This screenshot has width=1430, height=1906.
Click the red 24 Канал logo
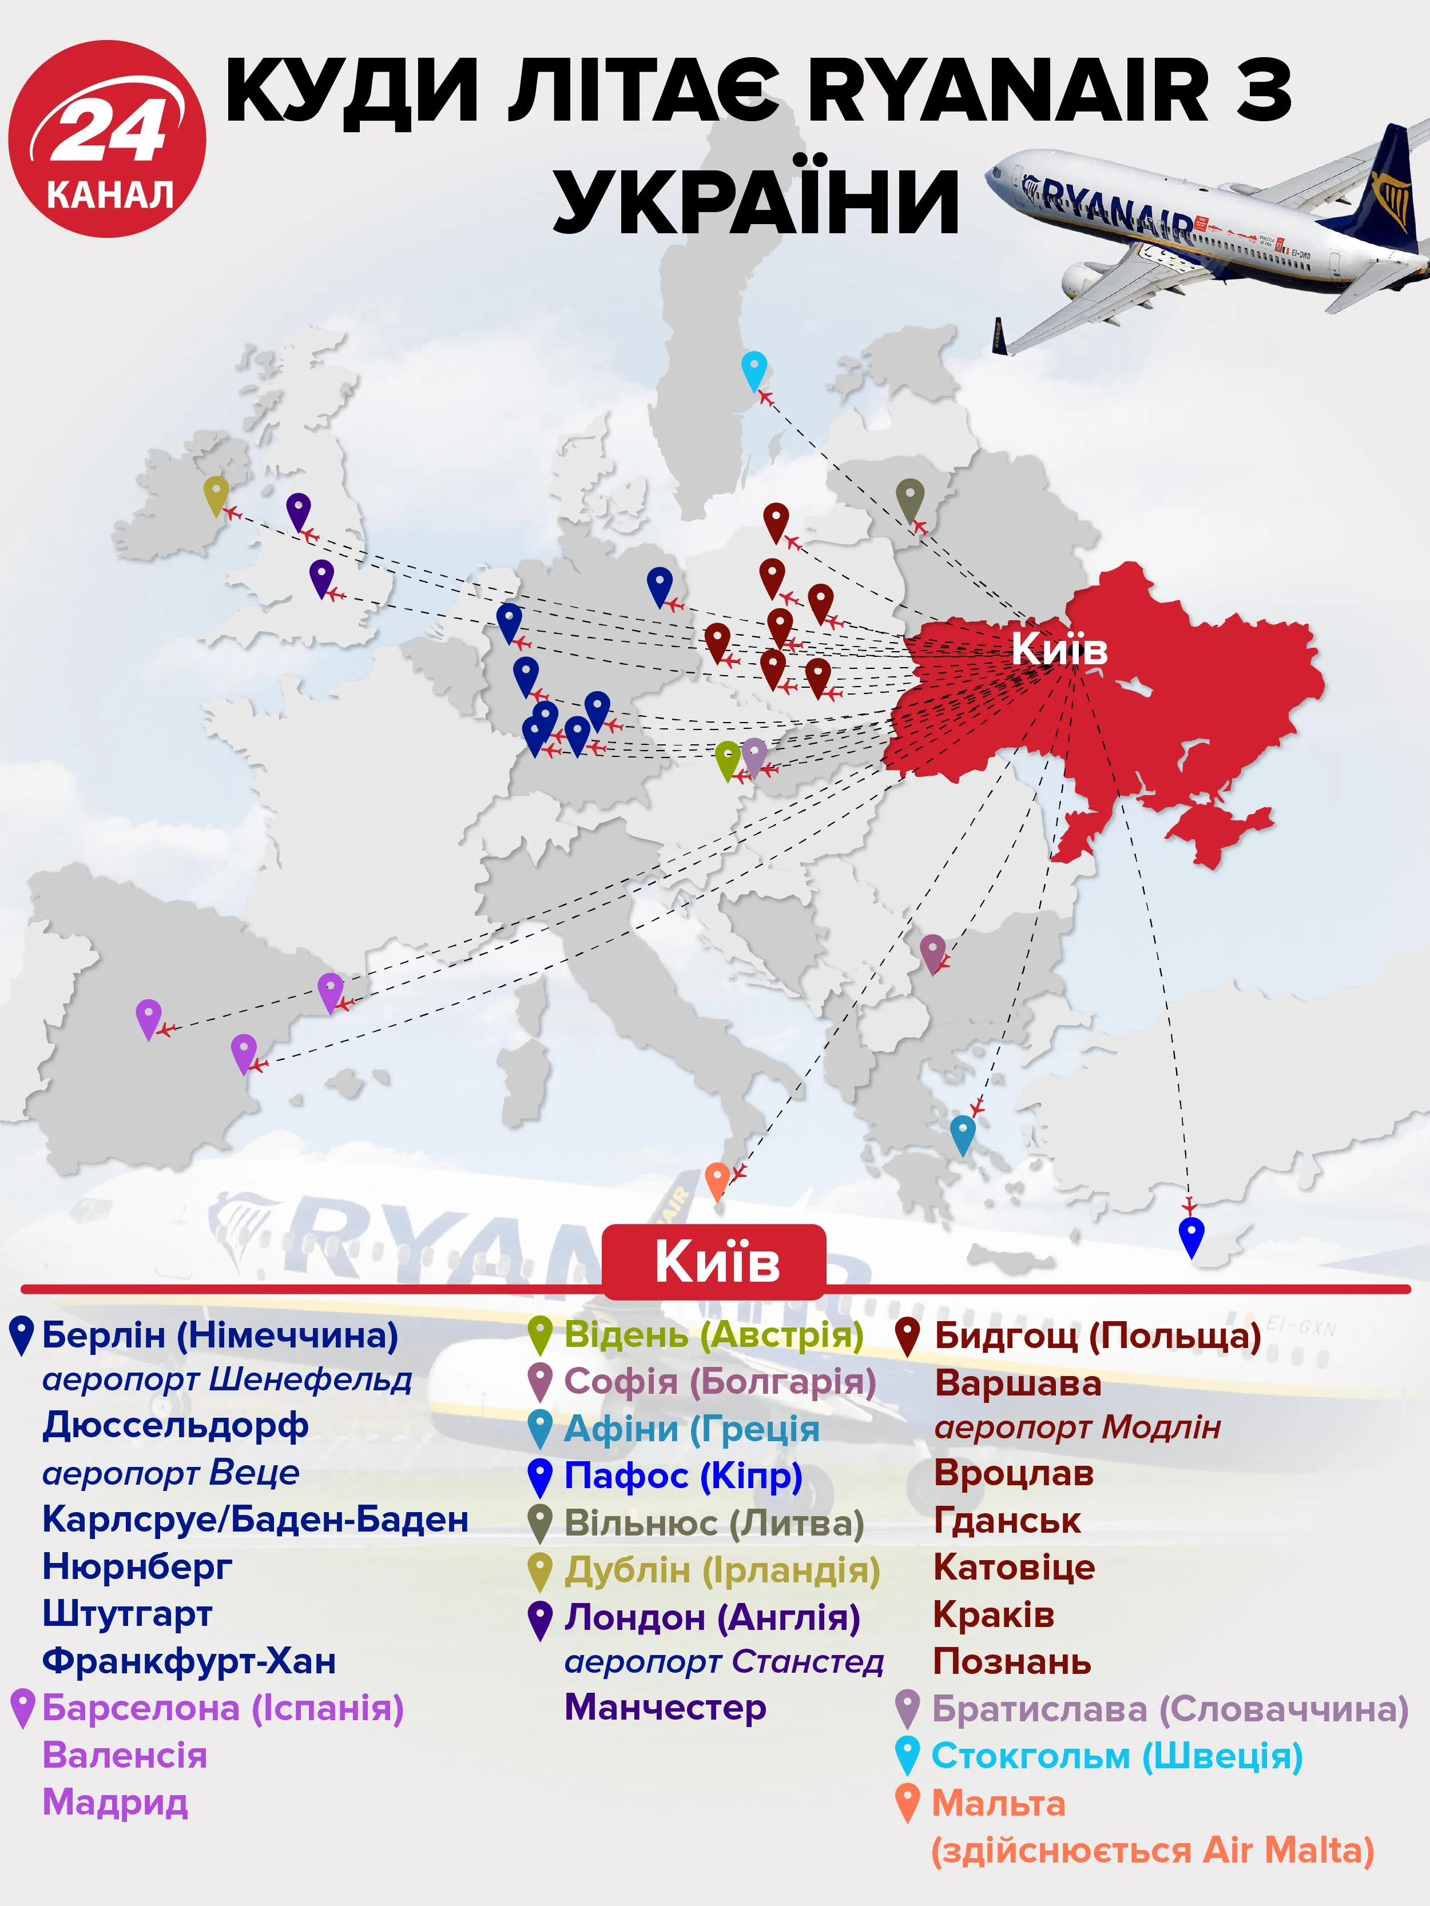107,138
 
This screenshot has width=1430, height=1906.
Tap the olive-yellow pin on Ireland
216,495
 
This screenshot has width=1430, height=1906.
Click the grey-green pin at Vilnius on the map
910,498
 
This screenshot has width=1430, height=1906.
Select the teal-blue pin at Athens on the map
962,1133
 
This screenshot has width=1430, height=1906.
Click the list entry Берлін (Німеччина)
220,1335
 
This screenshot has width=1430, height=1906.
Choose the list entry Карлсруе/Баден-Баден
255,1519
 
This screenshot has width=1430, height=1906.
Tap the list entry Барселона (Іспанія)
223,1707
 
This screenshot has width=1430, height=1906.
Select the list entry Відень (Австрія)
713,1335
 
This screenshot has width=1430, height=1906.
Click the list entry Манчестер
665,1707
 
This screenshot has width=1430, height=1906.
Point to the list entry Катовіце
1014,1568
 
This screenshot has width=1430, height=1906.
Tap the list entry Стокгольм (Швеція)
1116,1755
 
